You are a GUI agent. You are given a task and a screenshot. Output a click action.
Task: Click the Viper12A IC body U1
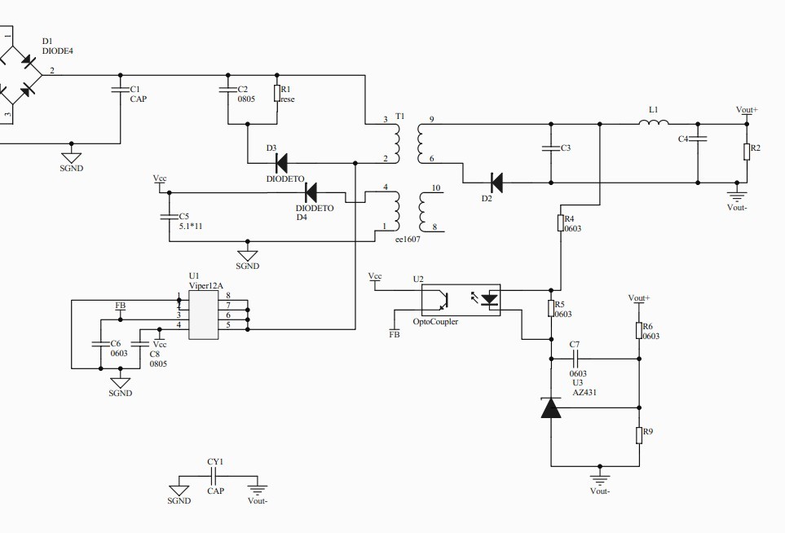pyautogui.click(x=203, y=315)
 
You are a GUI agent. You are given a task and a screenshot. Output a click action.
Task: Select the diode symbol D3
pyautogui.click(x=282, y=163)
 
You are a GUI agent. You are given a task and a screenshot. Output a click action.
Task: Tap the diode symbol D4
pyautogui.click(x=311, y=192)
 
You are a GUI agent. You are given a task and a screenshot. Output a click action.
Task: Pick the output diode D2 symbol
pyautogui.click(x=496, y=183)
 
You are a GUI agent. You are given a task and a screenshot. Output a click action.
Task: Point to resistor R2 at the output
pyautogui.click(x=747, y=152)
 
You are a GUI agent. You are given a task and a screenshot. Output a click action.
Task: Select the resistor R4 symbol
pyautogui.click(x=561, y=222)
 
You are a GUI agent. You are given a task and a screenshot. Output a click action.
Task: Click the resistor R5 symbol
pyautogui.click(x=551, y=309)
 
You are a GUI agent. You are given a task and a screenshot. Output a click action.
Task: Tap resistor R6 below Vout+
pyautogui.click(x=639, y=330)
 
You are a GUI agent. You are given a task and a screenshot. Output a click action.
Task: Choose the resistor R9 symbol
pyautogui.click(x=639, y=435)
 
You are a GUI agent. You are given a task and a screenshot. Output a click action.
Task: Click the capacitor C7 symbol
pyautogui.click(x=576, y=359)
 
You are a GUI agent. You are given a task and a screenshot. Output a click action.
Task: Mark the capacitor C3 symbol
pyautogui.click(x=551, y=148)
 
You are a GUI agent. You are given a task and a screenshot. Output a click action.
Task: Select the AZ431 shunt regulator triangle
pyautogui.click(x=551, y=407)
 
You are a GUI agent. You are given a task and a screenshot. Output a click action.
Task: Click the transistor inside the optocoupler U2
pyautogui.click(x=443, y=300)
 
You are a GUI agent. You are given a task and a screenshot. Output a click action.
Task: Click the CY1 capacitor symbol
pyautogui.click(x=215, y=476)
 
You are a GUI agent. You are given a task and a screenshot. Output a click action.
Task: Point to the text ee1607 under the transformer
pyautogui.click(x=408, y=240)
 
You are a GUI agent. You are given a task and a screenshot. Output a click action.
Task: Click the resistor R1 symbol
pyautogui.click(x=277, y=93)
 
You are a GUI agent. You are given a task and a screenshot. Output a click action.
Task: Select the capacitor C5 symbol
pyautogui.click(x=170, y=217)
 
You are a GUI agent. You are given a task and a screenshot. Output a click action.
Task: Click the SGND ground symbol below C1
pyautogui.click(x=71, y=157)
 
